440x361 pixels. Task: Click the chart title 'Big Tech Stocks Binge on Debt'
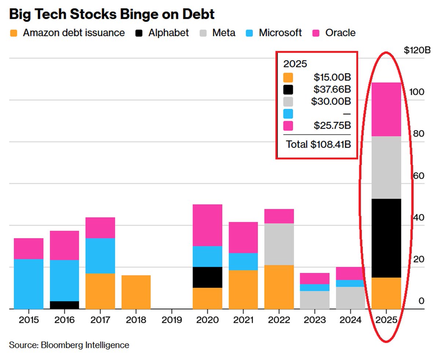tap(111, 14)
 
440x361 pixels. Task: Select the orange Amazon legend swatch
tap(14, 33)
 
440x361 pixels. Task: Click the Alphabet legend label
tap(168, 33)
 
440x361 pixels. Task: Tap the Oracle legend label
tap(340, 33)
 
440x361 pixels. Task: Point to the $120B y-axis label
tap(417, 50)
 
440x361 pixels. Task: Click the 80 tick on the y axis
tap(417, 134)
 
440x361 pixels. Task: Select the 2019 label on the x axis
tap(172, 320)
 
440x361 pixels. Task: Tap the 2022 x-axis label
tap(279, 320)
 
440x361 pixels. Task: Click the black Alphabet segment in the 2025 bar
tap(386, 238)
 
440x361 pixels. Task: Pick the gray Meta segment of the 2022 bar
tap(279, 244)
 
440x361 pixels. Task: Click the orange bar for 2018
tap(136, 292)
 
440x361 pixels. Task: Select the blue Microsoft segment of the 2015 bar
tap(29, 284)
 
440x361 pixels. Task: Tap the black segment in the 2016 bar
tap(64, 305)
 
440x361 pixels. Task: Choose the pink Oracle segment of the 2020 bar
tap(208, 225)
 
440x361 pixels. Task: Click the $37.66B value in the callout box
tap(332, 89)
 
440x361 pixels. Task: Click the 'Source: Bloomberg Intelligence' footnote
tap(69, 345)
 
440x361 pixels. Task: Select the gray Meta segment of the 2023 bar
tap(315, 300)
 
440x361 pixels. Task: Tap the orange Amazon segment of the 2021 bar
tap(243, 289)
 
